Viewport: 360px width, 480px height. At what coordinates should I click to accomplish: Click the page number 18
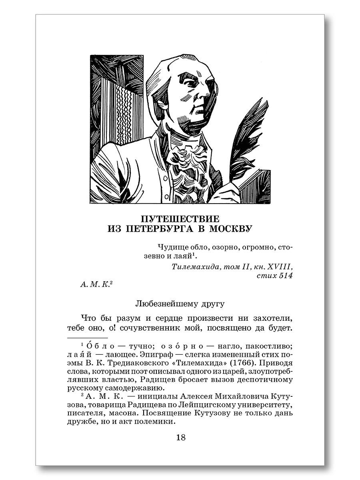180,437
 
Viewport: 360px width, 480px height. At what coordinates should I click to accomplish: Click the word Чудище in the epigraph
171,248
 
